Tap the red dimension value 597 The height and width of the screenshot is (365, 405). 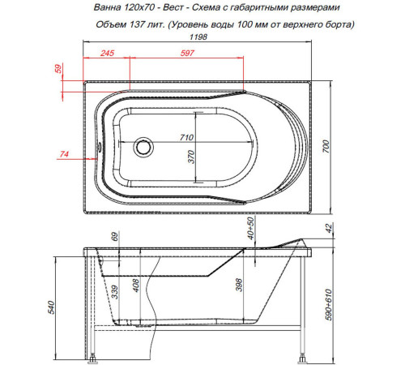point(189,54)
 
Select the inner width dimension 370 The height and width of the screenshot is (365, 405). point(192,158)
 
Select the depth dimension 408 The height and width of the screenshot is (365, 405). point(137,284)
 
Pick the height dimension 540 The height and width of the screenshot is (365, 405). point(53,307)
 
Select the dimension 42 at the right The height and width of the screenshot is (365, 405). point(328,230)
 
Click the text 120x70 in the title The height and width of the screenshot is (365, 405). point(130,6)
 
